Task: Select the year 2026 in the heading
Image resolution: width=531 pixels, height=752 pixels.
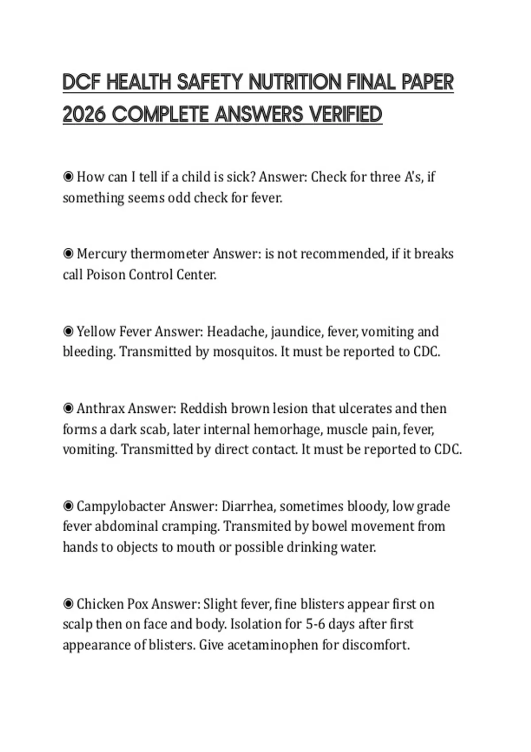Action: point(84,115)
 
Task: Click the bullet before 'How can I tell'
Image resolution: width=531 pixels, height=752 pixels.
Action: point(68,177)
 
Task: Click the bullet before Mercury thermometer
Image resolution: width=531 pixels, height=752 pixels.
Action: point(68,254)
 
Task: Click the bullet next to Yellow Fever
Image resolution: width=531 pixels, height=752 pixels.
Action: point(68,331)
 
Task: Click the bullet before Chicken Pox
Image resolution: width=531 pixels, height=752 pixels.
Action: point(68,604)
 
